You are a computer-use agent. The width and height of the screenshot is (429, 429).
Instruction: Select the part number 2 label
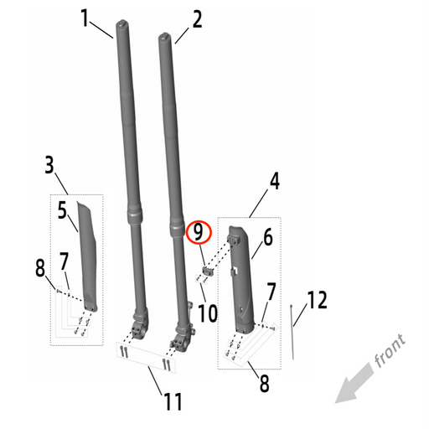tap(198, 18)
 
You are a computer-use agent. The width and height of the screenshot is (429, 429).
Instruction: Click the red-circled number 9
tap(199, 232)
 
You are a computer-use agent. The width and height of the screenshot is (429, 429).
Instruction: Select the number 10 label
tap(207, 313)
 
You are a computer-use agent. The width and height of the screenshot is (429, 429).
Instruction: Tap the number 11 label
tap(172, 401)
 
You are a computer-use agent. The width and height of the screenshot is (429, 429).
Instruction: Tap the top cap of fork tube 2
tap(164, 36)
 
